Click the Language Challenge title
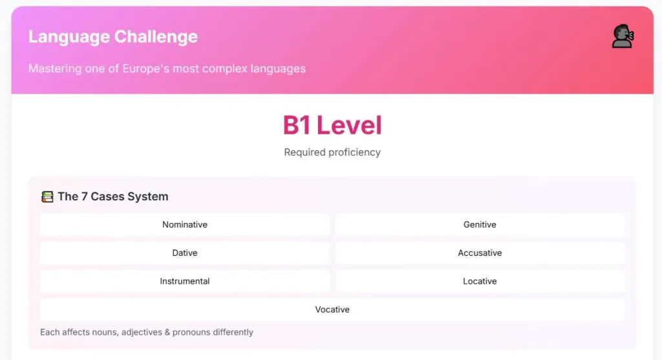[x=112, y=37]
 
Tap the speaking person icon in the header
[x=623, y=36]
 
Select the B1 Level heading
[x=332, y=125]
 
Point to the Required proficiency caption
[x=332, y=152]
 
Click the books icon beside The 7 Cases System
[x=47, y=196]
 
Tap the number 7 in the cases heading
[x=85, y=196]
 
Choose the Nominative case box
[x=184, y=224]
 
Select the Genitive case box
[x=480, y=224]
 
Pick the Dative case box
[x=184, y=253]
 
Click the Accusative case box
[x=480, y=253]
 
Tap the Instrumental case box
[x=184, y=281]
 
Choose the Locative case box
[x=480, y=281]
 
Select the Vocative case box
[x=332, y=310]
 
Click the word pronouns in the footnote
[x=191, y=333]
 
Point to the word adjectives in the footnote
[x=142, y=333]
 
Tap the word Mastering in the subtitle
[x=55, y=69]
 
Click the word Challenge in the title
[x=156, y=37]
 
